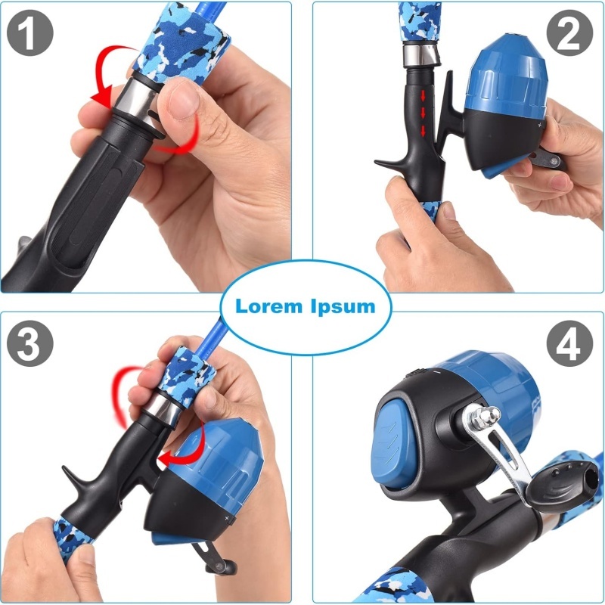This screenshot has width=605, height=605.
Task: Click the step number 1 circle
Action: click(30, 33)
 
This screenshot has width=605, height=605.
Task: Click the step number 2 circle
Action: click(569, 33)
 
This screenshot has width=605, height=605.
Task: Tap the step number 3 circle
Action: click(30, 343)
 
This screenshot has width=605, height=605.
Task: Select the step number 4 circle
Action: click(569, 343)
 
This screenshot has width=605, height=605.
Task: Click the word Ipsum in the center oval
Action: click(343, 307)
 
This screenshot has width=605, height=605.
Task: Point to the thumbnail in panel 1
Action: click(184, 101)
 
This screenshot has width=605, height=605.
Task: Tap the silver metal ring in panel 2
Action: click(421, 55)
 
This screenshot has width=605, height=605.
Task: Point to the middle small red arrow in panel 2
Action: click(423, 113)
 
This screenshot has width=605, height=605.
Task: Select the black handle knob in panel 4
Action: click(567, 484)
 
